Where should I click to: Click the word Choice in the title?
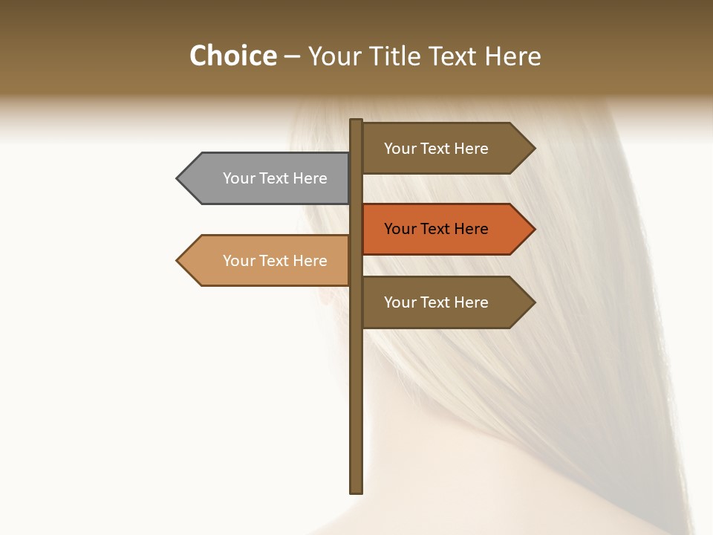click(x=232, y=56)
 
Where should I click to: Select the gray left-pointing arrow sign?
click(x=267, y=178)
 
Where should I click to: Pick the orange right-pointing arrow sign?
click(x=446, y=229)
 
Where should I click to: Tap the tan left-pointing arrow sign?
click(x=267, y=261)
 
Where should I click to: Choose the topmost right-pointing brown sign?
click(x=446, y=149)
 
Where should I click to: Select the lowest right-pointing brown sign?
click(x=446, y=302)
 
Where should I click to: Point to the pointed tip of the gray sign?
click(x=178, y=178)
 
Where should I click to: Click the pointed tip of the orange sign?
click(x=533, y=229)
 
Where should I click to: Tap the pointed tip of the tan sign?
click(x=178, y=261)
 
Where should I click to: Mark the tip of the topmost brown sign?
click(x=533, y=149)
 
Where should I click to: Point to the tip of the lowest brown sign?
click(x=533, y=302)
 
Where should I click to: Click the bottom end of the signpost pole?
click(x=356, y=490)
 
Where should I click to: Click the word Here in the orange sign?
click(x=471, y=229)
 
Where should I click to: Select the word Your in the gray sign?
click(x=239, y=178)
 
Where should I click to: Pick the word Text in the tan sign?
click(x=274, y=261)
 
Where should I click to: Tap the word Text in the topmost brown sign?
click(x=435, y=149)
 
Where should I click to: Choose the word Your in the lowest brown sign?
click(x=400, y=302)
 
